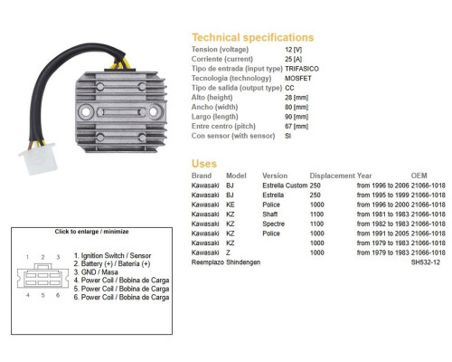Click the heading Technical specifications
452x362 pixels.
(253, 37)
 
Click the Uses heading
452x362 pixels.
(204, 164)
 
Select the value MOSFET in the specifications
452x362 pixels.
(298, 79)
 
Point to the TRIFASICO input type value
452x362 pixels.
(302, 69)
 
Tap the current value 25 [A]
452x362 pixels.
(293, 59)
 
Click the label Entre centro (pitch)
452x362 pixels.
(223, 126)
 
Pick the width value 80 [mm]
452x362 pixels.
(297, 107)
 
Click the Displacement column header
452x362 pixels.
(332, 176)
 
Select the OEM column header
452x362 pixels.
(419, 176)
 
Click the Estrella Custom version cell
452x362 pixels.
(285, 186)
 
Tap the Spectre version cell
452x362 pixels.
(273, 224)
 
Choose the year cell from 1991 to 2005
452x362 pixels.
(382, 233)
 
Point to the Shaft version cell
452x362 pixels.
(270, 214)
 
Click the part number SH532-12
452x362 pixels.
(425, 262)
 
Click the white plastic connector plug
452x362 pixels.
(39, 158)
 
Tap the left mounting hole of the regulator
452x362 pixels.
(86, 112)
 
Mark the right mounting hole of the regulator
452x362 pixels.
(153, 111)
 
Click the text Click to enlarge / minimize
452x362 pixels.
(91, 232)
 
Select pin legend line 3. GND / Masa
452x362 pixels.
(96, 272)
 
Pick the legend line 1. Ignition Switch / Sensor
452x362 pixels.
(112, 256)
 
